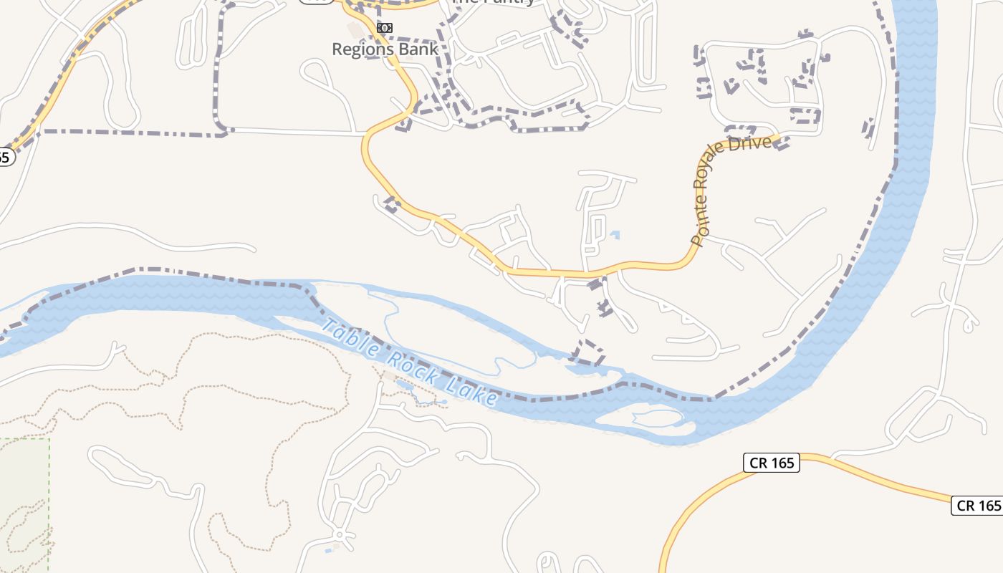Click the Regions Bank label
point(385,49)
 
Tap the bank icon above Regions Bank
point(385,28)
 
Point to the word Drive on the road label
point(752,143)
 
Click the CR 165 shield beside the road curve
point(771,463)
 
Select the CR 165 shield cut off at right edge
point(978,505)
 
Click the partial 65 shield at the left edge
point(6,157)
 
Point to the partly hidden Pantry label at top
point(494,2)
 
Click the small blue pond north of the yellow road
point(615,234)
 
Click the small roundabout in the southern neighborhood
point(339,535)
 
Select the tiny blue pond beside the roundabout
point(329,549)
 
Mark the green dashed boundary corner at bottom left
point(49,439)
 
